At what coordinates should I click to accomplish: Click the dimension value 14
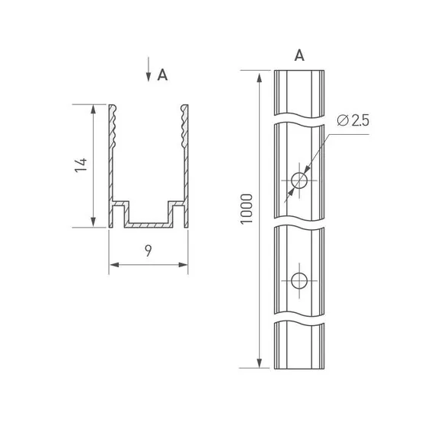click(x=81, y=165)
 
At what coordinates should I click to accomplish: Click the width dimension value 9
click(x=148, y=251)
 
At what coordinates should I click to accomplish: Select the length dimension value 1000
click(x=247, y=209)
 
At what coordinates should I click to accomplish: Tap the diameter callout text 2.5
click(x=360, y=120)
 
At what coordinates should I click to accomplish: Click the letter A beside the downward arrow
click(x=162, y=75)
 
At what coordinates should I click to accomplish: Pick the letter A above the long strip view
click(x=299, y=56)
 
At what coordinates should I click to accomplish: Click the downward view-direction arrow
click(x=148, y=69)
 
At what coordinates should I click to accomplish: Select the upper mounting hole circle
click(x=299, y=180)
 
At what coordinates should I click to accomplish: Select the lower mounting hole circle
click(x=299, y=281)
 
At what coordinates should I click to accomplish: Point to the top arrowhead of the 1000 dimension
click(x=260, y=78)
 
